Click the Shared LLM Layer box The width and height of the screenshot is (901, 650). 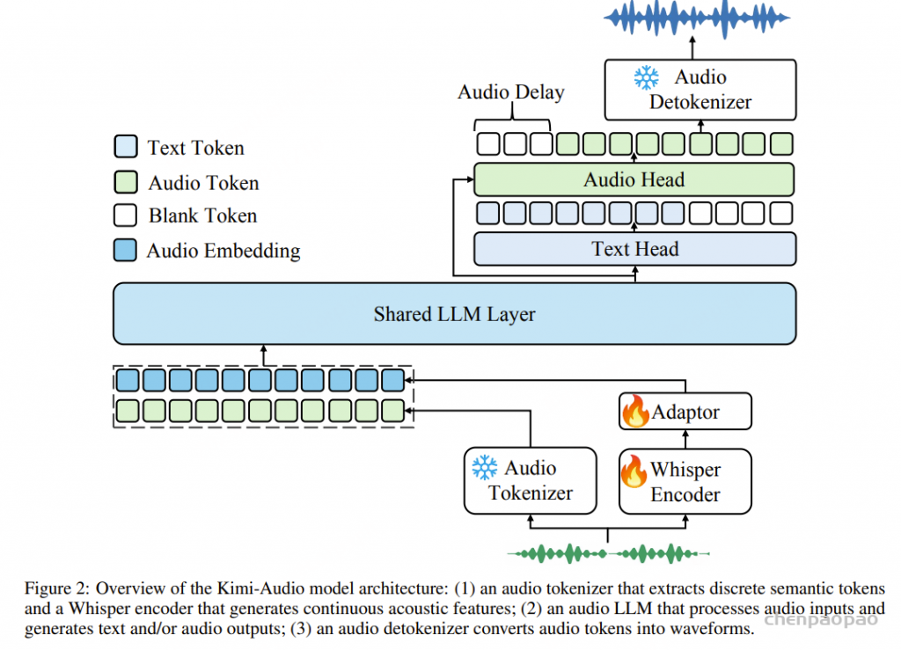coord(455,313)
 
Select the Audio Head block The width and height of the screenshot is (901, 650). coord(634,179)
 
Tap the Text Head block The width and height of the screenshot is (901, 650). coord(635,249)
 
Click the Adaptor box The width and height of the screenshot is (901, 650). coord(685,411)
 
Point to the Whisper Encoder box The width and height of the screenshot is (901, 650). coord(685,481)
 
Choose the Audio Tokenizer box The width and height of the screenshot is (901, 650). coord(531,480)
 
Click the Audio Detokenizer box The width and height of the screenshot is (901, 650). coord(700,90)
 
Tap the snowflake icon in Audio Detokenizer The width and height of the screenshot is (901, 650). coord(647,77)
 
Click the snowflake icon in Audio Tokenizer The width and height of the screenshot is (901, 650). coord(485,467)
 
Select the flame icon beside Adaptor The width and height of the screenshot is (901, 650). coord(635,411)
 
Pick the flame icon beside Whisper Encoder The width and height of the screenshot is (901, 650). coord(634,471)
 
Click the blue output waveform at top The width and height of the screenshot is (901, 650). coord(697,18)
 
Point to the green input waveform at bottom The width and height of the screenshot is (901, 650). coord(609,553)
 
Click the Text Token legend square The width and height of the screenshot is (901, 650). coord(126,146)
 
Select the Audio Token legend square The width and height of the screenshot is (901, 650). coord(126,181)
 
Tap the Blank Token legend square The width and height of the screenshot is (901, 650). coord(126,215)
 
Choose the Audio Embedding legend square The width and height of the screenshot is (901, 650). coord(125,250)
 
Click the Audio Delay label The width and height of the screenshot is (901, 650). coord(511,91)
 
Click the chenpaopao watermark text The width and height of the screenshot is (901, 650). coord(821,619)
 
